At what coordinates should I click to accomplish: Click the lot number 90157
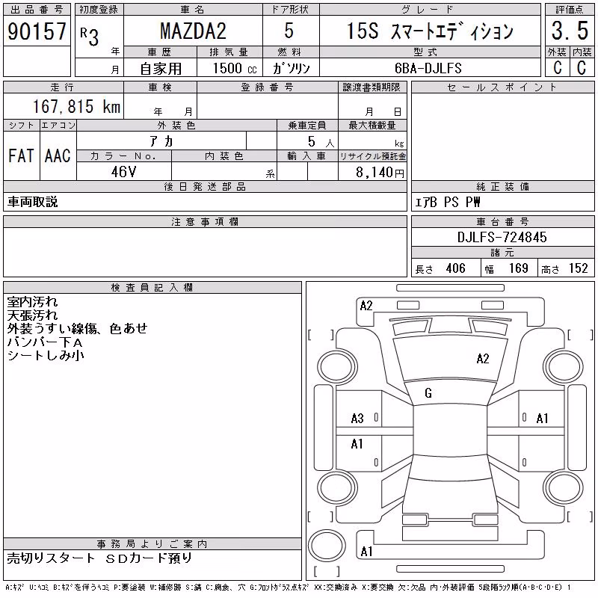[37, 31]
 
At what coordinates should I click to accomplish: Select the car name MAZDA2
[193, 31]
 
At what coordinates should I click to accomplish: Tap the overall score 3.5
[570, 31]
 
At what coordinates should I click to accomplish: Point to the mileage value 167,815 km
[76, 106]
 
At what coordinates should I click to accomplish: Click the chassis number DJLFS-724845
[502, 237]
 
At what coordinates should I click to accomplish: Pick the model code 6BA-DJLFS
[428, 68]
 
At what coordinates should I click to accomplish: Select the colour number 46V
[123, 172]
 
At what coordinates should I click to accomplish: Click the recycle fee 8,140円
[380, 173]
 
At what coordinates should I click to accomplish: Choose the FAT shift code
[21, 155]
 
